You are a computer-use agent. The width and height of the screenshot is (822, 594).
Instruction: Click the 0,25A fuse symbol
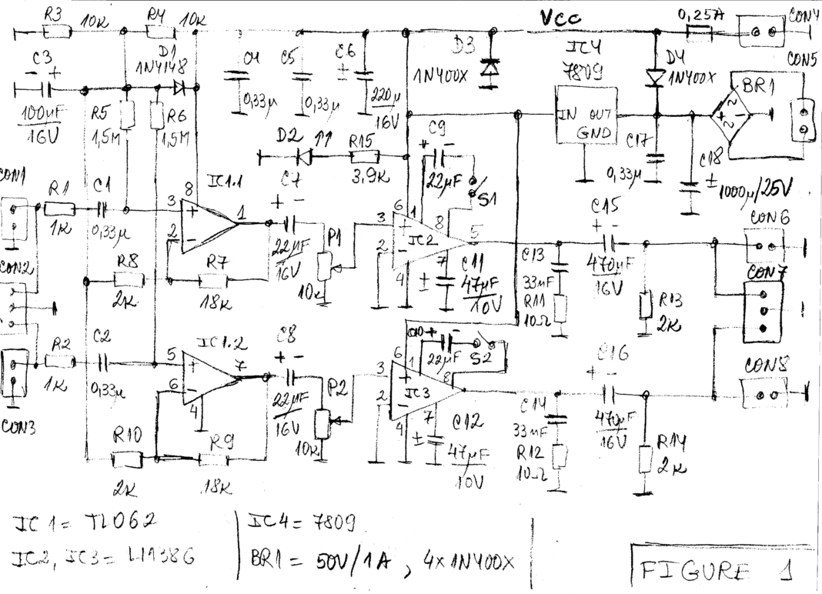pyautogui.click(x=697, y=32)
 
